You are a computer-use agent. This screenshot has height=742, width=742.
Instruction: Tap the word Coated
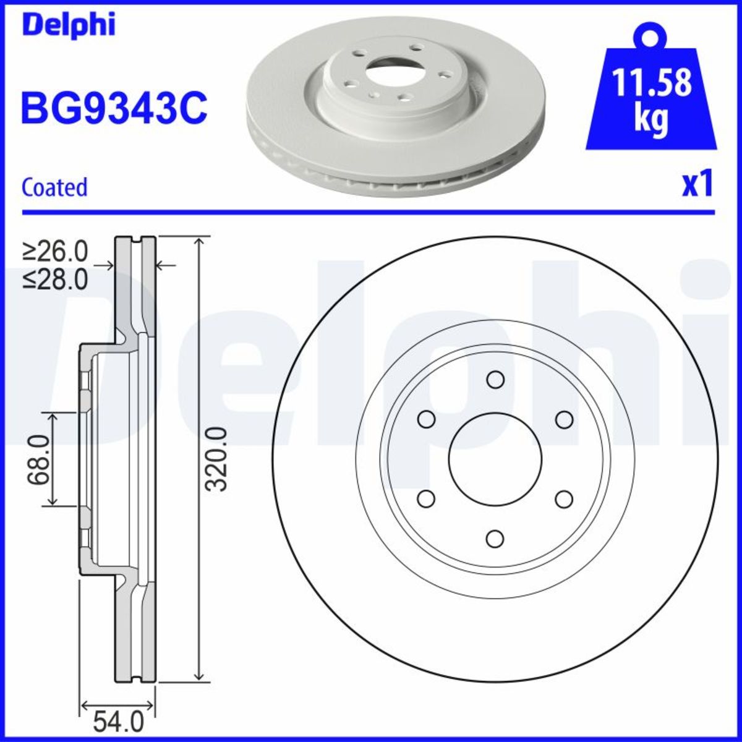point(54,187)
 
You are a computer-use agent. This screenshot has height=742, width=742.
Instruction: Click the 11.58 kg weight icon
point(651,93)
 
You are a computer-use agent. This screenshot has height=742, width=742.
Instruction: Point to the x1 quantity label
point(697,185)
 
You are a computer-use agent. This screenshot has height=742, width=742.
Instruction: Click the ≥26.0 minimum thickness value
point(56,252)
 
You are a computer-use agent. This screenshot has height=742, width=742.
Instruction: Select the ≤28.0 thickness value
point(56,279)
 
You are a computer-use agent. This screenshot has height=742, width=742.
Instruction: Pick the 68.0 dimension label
point(38,460)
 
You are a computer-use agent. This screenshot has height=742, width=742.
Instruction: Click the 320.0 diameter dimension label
point(217,459)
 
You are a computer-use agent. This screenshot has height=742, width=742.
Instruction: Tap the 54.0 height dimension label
point(117,721)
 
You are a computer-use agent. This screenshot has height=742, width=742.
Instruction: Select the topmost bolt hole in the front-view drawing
point(495,380)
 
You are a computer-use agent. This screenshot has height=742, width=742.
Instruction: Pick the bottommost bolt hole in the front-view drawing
point(495,539)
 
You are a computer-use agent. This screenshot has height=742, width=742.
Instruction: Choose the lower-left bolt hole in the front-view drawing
point(426,499)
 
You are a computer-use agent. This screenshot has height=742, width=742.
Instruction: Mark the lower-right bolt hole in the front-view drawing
point(564,499)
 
